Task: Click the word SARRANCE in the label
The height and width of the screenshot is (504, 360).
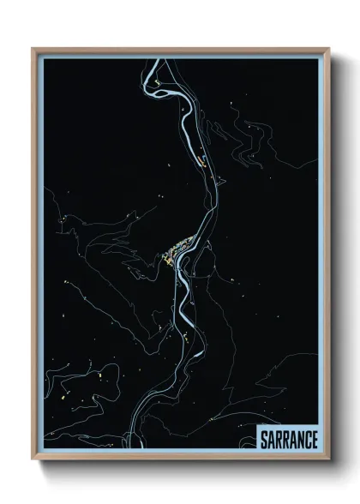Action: [x=289, y=439]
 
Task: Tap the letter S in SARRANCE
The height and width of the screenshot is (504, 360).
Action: [x=263, y=439]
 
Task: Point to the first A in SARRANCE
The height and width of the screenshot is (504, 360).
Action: [x=271, y=439]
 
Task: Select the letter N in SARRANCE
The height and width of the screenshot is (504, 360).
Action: [x=299, y=439]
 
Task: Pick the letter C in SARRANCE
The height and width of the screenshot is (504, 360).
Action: [x=307, y=439]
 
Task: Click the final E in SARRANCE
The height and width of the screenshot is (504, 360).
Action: [x=315, y=439]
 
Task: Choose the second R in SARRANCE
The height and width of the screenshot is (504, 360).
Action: [x=285, y=439]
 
